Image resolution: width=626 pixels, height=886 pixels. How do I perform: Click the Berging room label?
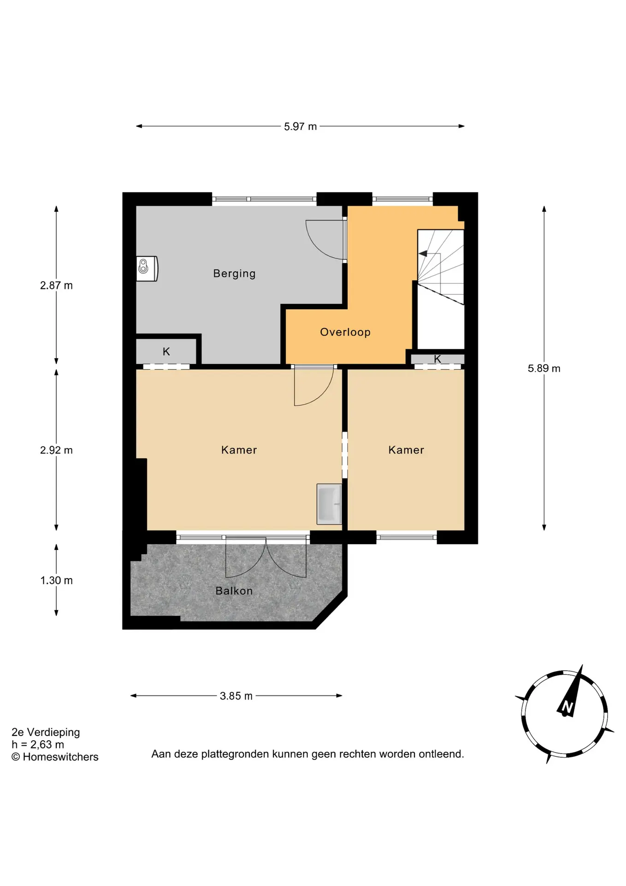234,274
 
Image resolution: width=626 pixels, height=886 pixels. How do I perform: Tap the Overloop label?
345,332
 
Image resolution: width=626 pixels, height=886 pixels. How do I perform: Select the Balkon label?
234,591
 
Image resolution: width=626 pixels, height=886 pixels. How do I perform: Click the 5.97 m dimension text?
301,126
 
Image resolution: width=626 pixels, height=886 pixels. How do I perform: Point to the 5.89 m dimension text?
544,368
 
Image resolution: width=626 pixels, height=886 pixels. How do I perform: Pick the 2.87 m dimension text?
56,285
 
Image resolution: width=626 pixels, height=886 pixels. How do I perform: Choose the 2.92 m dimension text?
56,450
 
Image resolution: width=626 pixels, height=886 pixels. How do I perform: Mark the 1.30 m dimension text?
56,580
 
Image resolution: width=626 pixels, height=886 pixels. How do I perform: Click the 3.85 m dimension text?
236,696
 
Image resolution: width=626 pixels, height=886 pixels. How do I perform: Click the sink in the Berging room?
147,269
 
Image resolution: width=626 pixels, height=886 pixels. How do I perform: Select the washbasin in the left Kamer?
329,504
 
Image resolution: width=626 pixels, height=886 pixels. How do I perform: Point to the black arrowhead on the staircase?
422,254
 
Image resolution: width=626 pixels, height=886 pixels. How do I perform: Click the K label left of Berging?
166,352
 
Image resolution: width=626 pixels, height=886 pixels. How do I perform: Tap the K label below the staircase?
437,359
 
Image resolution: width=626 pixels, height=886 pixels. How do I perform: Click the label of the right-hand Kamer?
406,450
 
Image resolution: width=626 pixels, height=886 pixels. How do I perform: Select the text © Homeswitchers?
55,757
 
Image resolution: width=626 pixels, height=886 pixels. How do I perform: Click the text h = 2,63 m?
38,744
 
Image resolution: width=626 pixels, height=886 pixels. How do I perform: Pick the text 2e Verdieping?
46,732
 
